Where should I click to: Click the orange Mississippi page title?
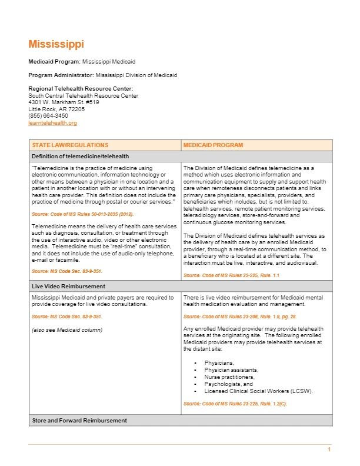coord(56,44)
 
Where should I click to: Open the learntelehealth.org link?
coord(52,123)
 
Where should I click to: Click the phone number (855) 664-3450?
coord(48,116)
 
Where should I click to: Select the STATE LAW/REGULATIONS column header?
coord(70,145)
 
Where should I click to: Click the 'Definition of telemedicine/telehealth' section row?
coord(80,156)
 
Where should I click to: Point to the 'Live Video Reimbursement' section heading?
coord(68,286)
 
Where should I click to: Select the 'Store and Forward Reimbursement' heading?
coord(79,421)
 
